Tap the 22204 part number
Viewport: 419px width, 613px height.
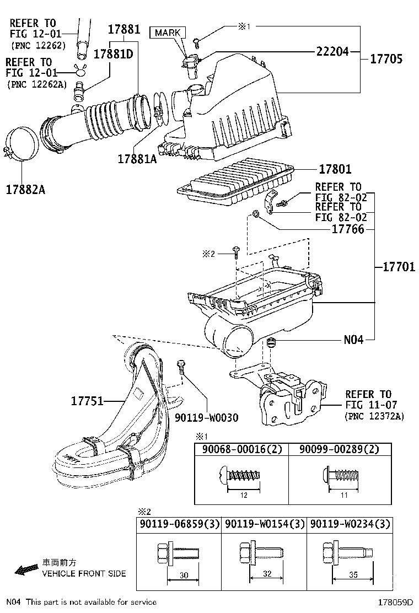point(332,52)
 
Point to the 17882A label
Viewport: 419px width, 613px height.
point(25,189)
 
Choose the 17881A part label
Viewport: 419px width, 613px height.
point(137,159)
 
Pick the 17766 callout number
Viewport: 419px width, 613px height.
point(348,229)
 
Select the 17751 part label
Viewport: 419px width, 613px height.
point(87,401)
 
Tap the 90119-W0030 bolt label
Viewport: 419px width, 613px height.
point(207,417)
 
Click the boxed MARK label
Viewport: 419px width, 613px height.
point(167,33)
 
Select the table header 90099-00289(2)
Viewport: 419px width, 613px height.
point(340,449)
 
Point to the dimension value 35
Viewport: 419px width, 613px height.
point(354,574)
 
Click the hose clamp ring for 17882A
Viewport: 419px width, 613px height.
point(23,145)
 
